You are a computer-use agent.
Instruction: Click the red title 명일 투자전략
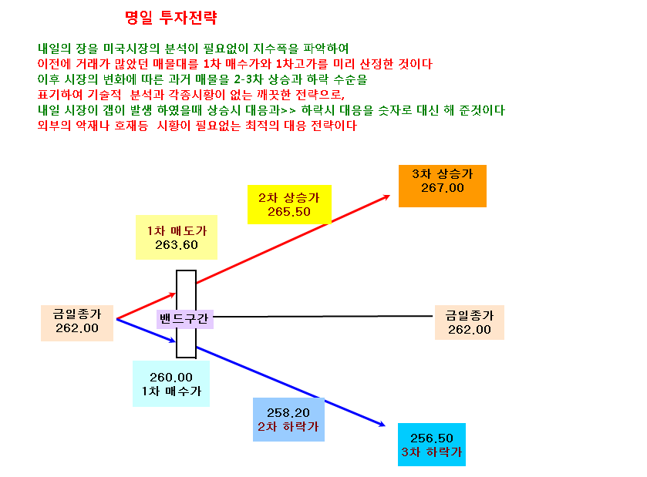171,17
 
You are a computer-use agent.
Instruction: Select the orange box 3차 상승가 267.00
443,186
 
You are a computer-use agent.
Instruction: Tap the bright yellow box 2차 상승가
289,204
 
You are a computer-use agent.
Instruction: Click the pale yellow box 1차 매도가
177,237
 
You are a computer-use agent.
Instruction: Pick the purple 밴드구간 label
184,319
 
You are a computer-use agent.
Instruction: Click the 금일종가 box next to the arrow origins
77,323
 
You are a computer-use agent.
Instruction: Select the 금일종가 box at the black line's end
470,322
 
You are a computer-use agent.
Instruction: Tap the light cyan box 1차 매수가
171,384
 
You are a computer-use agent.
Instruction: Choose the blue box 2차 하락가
288,420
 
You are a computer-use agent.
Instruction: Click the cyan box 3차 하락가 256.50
432,445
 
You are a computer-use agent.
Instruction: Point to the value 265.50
289,212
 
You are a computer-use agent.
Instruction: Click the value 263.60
177,245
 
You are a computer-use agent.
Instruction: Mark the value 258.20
288,413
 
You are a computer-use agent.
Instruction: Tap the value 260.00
171,378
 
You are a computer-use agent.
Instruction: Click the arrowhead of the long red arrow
387,197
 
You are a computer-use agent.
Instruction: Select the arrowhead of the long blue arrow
382,425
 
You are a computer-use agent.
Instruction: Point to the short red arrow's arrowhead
174,294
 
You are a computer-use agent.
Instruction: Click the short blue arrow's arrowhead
173,341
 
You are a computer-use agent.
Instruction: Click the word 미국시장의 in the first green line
131,49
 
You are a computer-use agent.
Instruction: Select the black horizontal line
322,317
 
